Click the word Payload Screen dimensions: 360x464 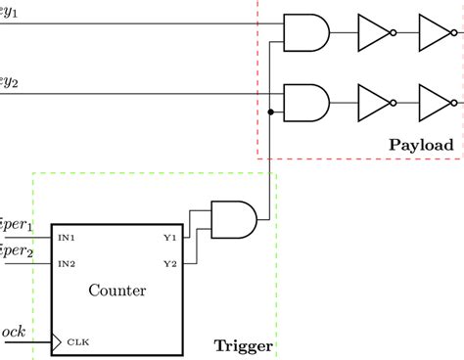(x=421, y=145)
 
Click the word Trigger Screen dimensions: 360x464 (x=243, y=345)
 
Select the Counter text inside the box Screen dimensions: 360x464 (x=117, y=290)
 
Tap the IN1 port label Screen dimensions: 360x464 (x=67, y=238)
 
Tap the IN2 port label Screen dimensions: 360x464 (x=67, y=263)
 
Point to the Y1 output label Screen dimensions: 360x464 (x=170, y=238)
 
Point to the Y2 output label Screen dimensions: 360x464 (x=170, y=263)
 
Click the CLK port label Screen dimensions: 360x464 (x=76, y=341)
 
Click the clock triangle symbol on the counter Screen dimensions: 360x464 (x=57, y=340)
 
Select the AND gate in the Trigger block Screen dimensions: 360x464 (x=234, y=219)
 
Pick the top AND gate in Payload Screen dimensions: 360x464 (x=304, y=32)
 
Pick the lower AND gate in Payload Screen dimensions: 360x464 (x=304, y=101)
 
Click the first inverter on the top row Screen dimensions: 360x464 (x=374, y=32)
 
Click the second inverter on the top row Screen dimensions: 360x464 (x=434, y=32)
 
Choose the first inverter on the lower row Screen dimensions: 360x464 (x=374, y=101)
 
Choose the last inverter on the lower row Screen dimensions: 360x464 (x=434, y=101)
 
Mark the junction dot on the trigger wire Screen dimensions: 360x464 (x=269, y=112)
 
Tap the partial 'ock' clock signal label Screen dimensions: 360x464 (x=13, y=333)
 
